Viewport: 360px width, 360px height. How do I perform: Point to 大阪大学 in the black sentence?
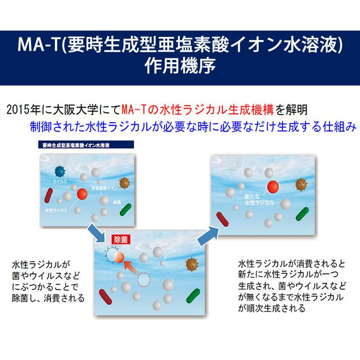pos(73,109)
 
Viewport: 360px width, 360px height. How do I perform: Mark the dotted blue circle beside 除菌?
pos(110,253)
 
